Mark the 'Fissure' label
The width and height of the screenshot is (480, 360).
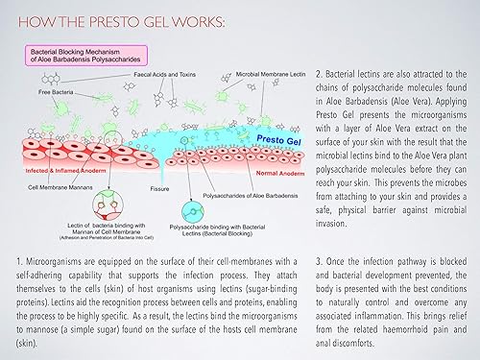[x=151, y=188]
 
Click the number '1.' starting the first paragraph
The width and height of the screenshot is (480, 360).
[x=22, y=261]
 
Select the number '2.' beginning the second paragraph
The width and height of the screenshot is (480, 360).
[x=319, y=73]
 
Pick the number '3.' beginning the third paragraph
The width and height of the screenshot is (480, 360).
[x=318, y=261]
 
